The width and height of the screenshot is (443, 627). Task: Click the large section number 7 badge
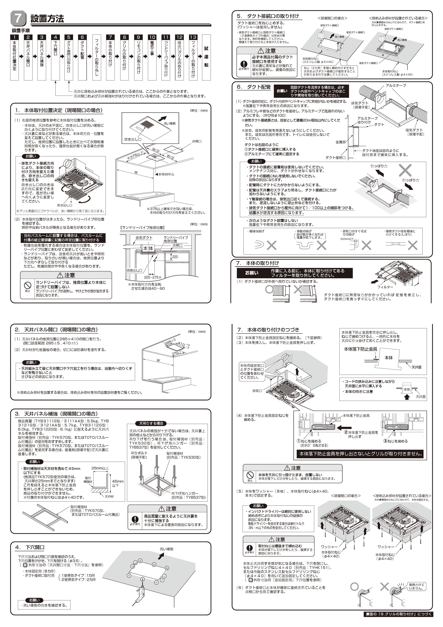tap(18, 18)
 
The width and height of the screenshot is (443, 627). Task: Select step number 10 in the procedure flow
tap(152, 37)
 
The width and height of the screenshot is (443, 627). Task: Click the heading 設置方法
tap(47, 19)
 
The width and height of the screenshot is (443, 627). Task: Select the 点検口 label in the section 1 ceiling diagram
tap(196, 141)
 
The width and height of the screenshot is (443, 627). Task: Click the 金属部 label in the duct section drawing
tap(340, 142)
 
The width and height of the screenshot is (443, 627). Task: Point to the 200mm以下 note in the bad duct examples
tap(347, 239)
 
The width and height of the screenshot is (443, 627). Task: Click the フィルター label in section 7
tap(385, 287)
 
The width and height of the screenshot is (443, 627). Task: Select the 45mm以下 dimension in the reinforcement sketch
tap(118, 483)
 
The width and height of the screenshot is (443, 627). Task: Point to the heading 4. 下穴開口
tap(30, 547)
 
